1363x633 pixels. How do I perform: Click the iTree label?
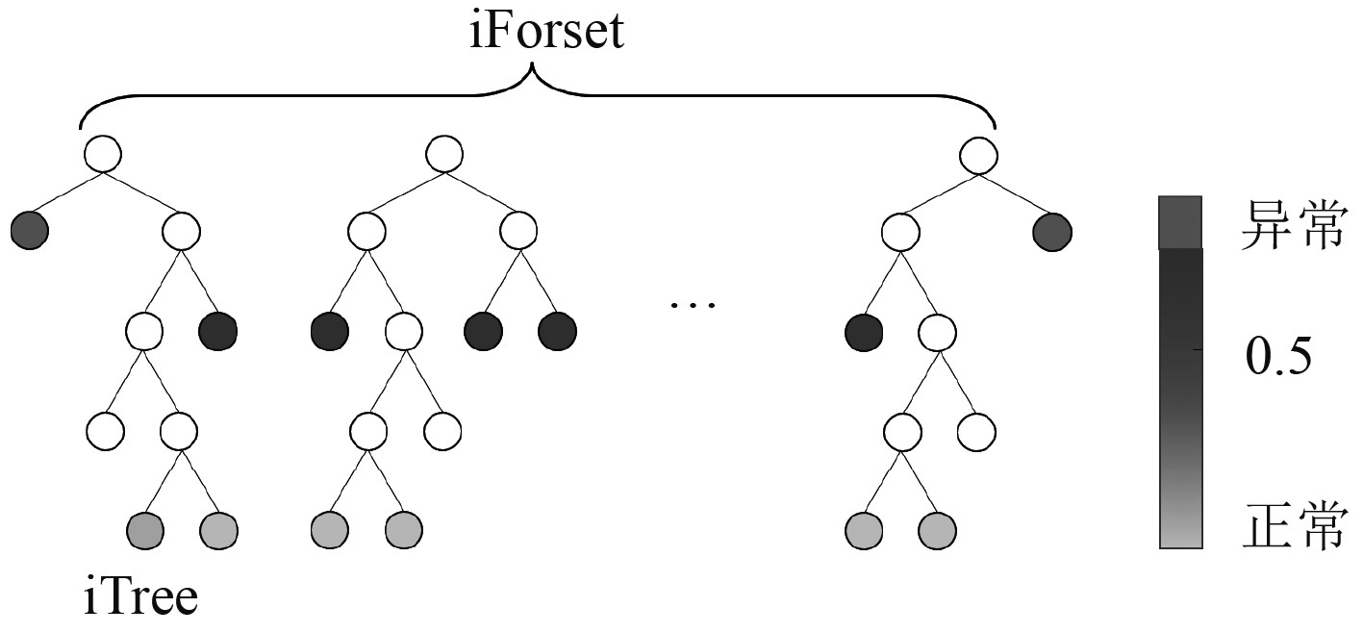(140, 597)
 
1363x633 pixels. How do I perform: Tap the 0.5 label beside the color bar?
(1278, 359)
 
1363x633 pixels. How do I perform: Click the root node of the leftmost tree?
(103, 153)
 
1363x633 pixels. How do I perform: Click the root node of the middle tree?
(444, 153)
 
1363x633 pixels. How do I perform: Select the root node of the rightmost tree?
(977, 153)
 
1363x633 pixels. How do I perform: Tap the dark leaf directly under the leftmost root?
(29, 232)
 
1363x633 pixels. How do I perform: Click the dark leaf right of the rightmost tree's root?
(1051, 232)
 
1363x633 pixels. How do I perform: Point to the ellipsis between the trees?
(693, 305)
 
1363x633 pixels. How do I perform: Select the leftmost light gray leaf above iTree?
(144, 529)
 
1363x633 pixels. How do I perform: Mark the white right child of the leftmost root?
(181, 232)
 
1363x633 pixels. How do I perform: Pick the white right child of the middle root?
(518, 232)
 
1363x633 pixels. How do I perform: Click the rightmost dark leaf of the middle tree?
(557, 332)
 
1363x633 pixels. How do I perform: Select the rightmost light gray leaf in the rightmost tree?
(937, 529)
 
